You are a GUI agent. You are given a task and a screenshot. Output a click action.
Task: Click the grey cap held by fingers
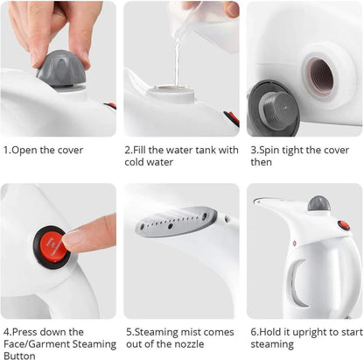tap(60, 66)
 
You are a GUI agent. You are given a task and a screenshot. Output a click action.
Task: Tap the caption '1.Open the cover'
tap(44, 150)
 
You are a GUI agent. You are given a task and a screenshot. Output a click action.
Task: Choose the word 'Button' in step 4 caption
tap(19, 355)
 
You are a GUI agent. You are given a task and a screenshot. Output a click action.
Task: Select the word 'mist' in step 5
tap(185, 332)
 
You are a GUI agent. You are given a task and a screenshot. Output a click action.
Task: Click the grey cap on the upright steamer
tap(318, 203)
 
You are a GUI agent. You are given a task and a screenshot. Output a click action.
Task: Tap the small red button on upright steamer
tap(294, 243)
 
